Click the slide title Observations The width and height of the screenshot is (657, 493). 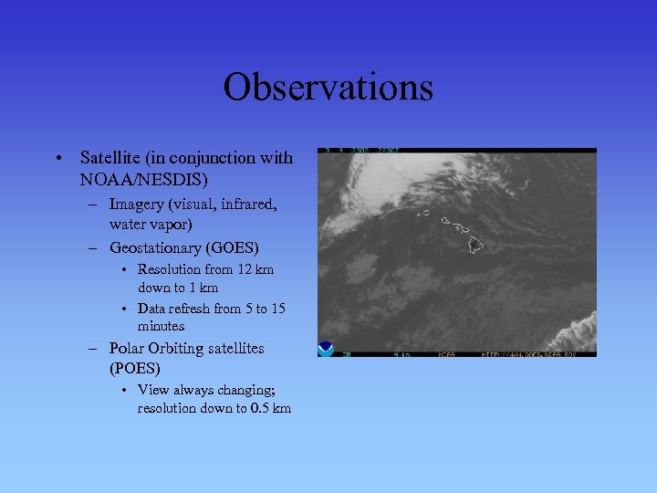328,88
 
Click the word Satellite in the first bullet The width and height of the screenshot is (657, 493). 109,158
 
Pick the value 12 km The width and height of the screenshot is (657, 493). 255,269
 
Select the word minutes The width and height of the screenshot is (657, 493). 161,326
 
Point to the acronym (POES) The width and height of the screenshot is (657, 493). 134,368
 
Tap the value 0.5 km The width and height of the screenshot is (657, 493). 270,408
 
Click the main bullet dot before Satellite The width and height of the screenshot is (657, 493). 57,159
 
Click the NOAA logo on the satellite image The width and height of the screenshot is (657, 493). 326,349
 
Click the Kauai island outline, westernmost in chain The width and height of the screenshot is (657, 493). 423,213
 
